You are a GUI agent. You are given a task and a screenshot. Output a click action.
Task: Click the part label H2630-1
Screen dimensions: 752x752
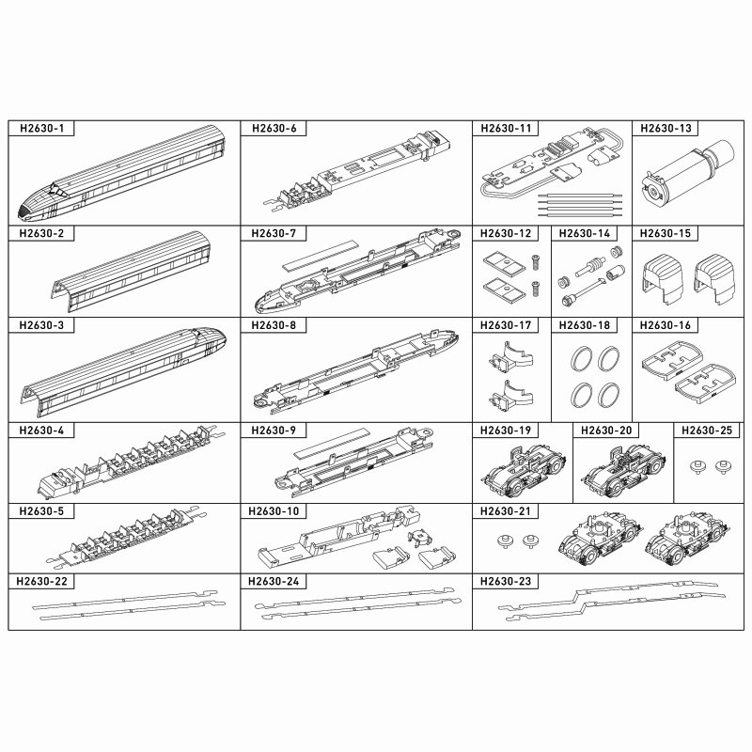tap(41, 129)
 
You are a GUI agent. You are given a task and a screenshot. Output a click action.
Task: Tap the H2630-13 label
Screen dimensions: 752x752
tap(666, 129)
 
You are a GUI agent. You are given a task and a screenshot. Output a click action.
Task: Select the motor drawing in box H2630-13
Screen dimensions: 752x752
tap(688, 173)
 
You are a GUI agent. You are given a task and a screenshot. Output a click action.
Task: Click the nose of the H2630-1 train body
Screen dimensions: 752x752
tap(24, 211)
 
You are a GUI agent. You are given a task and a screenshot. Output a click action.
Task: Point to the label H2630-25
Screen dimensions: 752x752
tap(707, 431)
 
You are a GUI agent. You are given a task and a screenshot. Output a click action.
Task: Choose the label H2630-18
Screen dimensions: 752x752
tap(585, 325)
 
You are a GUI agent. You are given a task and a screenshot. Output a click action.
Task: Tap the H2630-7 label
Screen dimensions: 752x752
tap(274, 233)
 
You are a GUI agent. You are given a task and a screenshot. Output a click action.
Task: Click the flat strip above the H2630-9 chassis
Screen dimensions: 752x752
tap(331, 441)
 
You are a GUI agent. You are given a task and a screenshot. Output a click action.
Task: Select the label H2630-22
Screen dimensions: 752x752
tap(41, 581)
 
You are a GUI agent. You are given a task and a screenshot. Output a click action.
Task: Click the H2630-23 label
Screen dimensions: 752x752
tap(506, 581)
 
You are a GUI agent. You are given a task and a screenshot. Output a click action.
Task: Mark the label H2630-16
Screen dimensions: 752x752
tap(666, 325)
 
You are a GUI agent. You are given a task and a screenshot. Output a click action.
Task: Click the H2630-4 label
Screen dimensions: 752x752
tap(41, 431)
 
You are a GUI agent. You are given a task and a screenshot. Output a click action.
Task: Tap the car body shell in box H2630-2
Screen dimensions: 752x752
tap(131, 272)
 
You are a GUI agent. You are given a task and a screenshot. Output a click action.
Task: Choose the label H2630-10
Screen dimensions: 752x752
tap(274, 511)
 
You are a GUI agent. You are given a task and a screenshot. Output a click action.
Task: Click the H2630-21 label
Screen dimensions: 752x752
tap(506, 511)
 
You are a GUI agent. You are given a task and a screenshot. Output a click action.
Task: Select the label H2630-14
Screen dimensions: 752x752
tap(585, 233)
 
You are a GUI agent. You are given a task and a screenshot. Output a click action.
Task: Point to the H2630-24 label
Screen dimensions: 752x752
tap(274, 581)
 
